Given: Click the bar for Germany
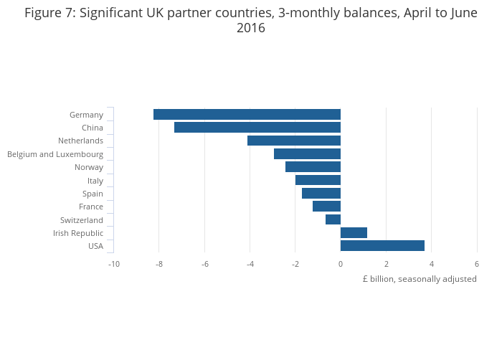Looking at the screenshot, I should (247, 115).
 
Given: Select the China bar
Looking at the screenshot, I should (257, 128).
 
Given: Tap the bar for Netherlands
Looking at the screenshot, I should (294, 141).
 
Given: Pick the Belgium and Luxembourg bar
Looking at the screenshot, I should (307, 154).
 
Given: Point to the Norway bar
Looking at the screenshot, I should (313, 167).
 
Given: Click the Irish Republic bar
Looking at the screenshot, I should (354, 233).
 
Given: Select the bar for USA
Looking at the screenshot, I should (382, 246).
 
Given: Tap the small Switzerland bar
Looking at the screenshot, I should (333, 220).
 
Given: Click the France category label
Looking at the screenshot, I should (91, 207).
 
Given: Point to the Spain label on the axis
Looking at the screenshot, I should (93, 194).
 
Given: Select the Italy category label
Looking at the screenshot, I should (95, 181).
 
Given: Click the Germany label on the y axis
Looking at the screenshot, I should (86, 115).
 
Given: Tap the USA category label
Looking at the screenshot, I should (95, 246).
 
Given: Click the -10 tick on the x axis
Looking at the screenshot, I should (113, 264).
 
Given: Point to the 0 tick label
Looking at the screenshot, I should (341, 264).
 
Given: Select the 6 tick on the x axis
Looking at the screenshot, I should (477, 264).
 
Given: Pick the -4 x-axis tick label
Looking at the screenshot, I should (250, 264).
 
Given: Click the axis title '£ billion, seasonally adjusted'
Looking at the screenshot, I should (420, 279).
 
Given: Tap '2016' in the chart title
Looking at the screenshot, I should (251, 29).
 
